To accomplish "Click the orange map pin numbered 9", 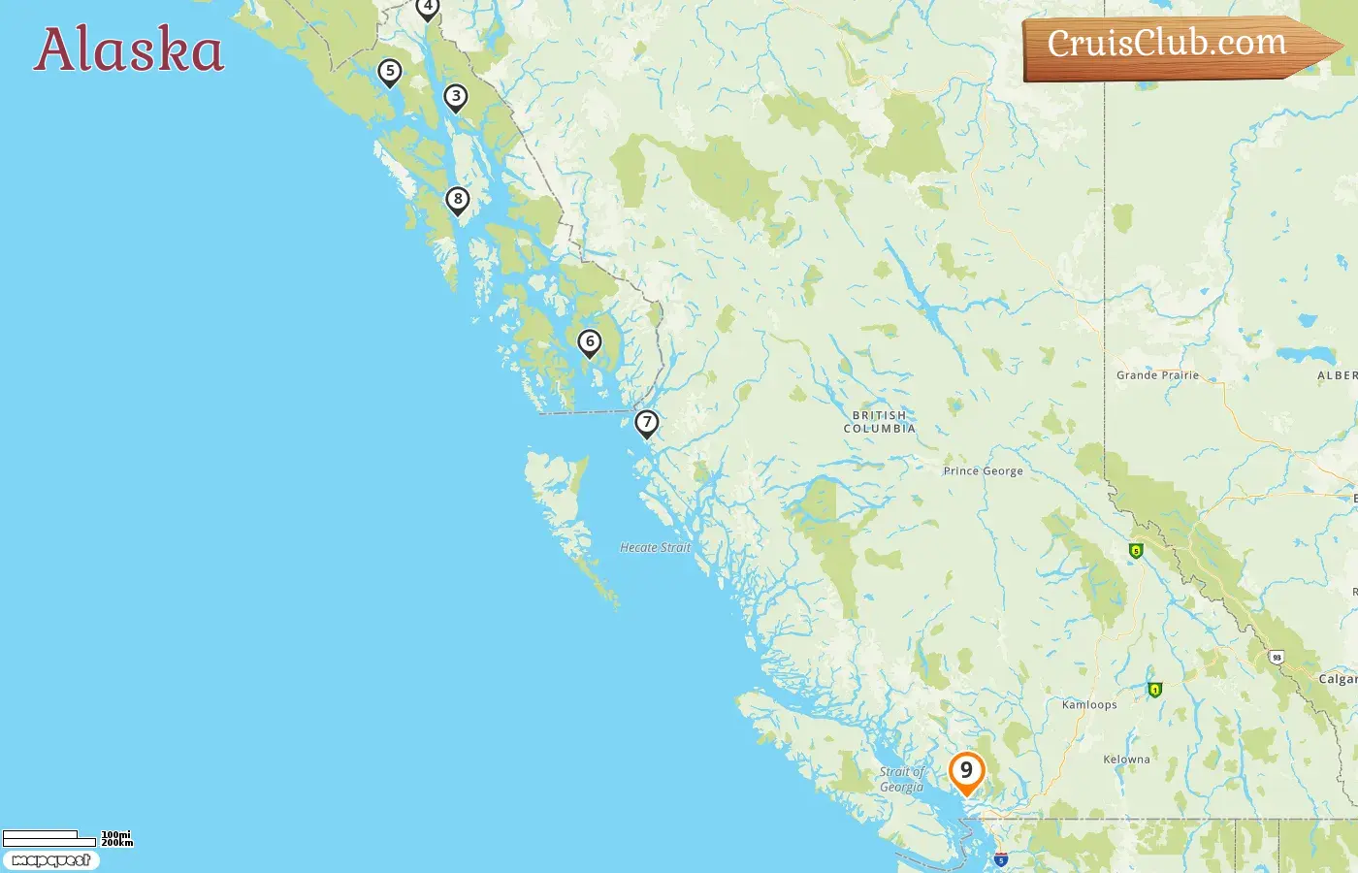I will (x=966, y=772).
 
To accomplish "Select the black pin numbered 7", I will (x=647, y=423).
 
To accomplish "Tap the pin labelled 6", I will (x=590, y=342).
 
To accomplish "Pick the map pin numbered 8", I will (x=458, y=200).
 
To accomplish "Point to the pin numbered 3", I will (x=456, y=97).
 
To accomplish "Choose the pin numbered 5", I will (x=390, y=72).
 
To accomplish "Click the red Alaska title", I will (x=129, y=49).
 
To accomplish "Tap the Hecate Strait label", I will (x=656, y=548).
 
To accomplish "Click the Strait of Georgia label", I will (x=902, y=780).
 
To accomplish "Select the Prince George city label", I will (x=983, y=471).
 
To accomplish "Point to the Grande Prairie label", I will (x=1157, y=375).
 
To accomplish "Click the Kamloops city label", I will (x=1089, y=705).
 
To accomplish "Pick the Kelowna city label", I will (x=1126, y=760).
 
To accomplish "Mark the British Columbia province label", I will (x=880, y=422).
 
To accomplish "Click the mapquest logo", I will (x=51, y=860).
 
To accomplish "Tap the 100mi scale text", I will (x=116, y=834).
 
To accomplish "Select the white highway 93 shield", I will (x=1277, y=658).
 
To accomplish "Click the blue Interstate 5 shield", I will (x=1001, y=859).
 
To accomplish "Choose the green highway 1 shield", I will (x=1154, y=690).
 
